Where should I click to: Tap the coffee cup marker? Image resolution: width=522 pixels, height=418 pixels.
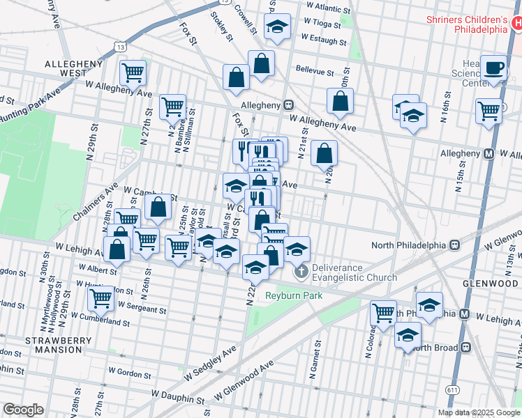coord(494,68)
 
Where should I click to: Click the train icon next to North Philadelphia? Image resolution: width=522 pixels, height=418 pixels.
coord(454,245)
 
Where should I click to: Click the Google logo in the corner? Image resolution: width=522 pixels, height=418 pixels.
coord(23,410)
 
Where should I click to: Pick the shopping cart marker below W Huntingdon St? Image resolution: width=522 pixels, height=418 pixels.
coord(102,299)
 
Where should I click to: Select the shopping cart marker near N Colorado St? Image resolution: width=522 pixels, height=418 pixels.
coord(383,312)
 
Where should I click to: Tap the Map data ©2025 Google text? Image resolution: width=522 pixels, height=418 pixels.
coord(479,412)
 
